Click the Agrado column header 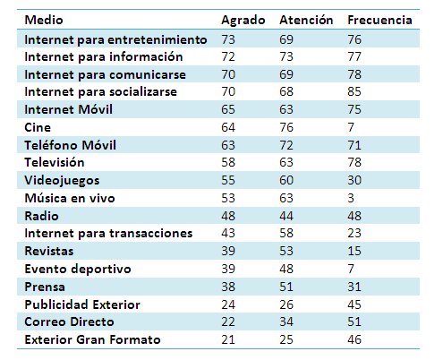[x=243, y=21]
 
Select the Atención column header [x=306, y=20]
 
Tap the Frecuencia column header [x=379, y=20]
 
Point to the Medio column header [x=44, y=20]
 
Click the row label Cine [x=38, y=127]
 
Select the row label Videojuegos [x=62, y=181]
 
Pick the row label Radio [x=41, y=216]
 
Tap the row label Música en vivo [x=70, y=198]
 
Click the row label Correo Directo [x=69, y=321]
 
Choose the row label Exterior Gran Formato [x=92, y=339]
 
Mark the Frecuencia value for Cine [x=351, y=127]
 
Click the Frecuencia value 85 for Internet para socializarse [x=354, y=91]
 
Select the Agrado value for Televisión [x=228, y=162]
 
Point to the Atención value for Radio [x=286, y=216]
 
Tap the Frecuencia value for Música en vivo [x=351, y=198]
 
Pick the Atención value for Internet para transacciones [x=286, y=233]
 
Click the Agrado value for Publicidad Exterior [x=228, y=304]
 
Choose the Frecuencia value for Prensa [x=354, y=287]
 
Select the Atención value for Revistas [x=286, y=251]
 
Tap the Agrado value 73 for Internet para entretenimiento [x=228, y=39]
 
